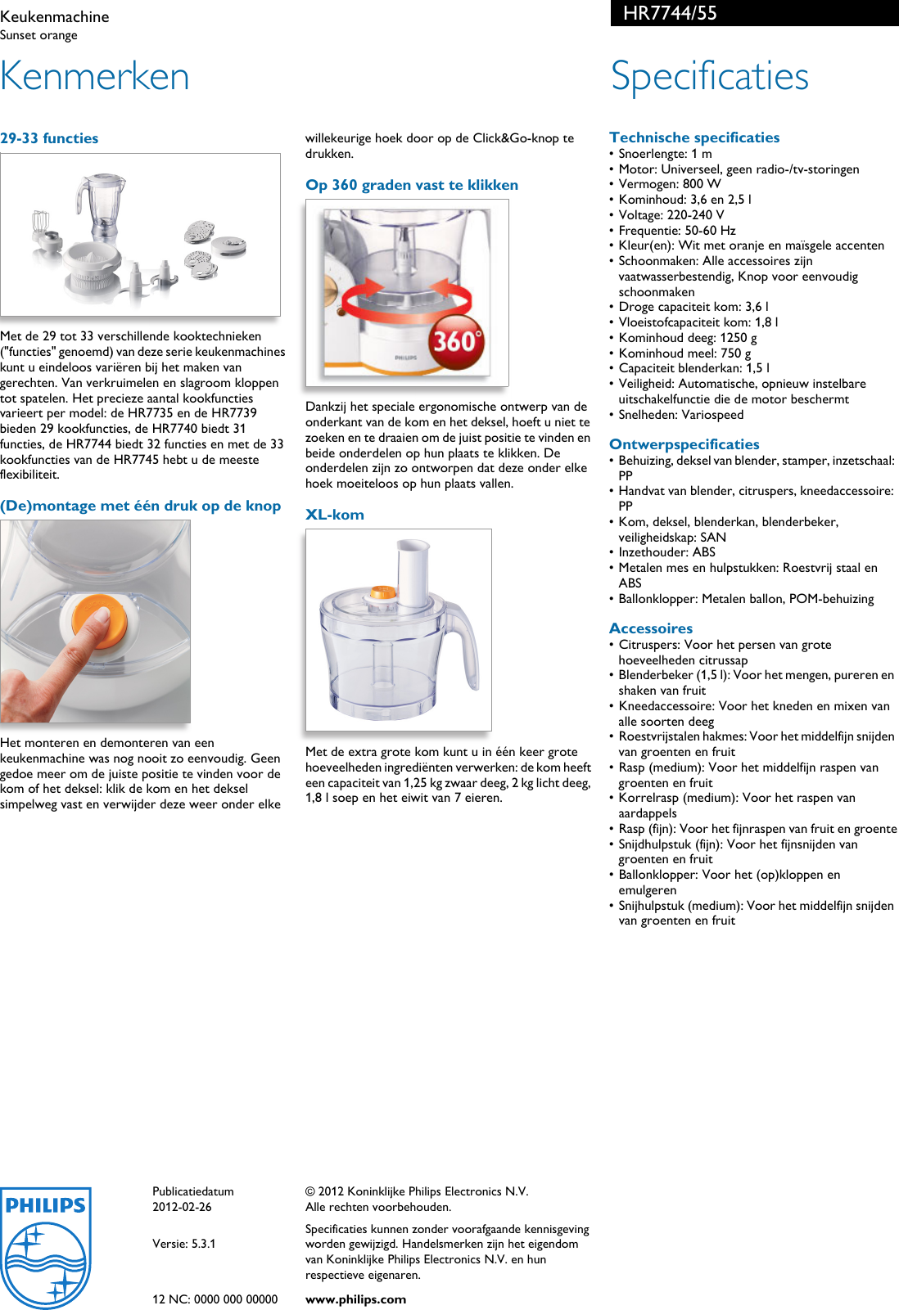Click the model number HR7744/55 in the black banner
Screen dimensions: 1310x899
click(x=670, y=13)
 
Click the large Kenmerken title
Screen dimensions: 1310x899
click(x=95, y=76)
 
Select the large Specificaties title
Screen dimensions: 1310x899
click(x=709, y=76)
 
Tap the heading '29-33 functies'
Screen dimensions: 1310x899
click(x=49, y=138)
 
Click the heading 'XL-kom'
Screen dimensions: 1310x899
click(x=335, y=515)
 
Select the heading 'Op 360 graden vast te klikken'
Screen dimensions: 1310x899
click(x=412, y=185)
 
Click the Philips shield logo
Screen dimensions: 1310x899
click(x=46, y=1247)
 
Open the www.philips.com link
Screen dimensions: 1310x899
click(x=355, y=1299)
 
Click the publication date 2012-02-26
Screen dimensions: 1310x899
click(x=182, y=1207)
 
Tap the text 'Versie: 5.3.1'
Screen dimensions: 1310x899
click(x=184, y=1244)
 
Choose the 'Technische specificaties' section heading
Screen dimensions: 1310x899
click(x=694, y=137)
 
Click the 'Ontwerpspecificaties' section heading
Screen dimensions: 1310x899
click(x=684, y=444)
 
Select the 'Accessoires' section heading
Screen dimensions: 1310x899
click(x=651, y=628)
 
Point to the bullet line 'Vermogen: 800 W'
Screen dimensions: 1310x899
click(x=670, y=184)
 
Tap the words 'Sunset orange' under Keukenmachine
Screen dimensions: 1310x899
click(x=39, y=35)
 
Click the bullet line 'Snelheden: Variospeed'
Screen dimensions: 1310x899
click(x=681, y=415)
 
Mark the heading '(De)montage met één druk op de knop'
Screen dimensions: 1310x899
click(x=141, y=506)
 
